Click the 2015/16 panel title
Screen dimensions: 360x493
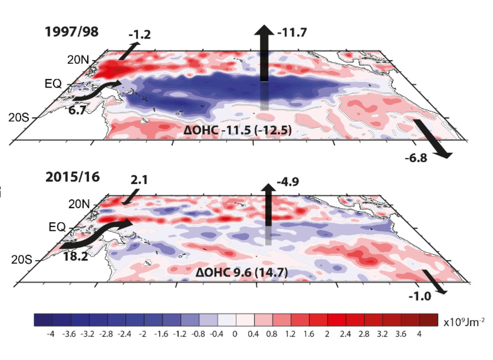(x=72, y=177)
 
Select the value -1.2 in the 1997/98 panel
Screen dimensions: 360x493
(x=140, y=35)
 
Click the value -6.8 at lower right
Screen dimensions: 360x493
(x=416, y=158)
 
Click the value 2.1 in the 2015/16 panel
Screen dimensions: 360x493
(x=138, y=179)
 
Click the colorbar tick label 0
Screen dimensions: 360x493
(x=236, y=335)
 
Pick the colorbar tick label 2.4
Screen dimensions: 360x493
(x=346, y=335)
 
